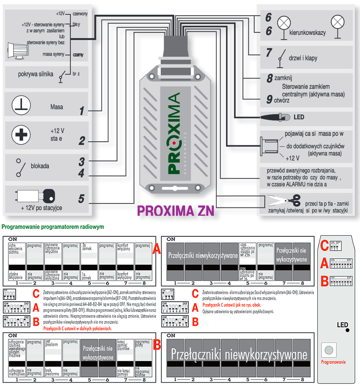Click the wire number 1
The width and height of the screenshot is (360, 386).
coord(82,111)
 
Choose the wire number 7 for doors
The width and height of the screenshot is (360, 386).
coord(269,52)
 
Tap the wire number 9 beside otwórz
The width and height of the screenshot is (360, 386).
coord(270,99)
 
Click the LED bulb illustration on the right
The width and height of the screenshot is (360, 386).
coord(276,117)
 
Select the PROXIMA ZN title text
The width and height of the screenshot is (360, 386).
coord(176,211)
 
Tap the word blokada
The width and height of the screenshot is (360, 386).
coord(40,165)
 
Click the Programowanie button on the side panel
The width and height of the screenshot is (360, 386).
coord(329,350)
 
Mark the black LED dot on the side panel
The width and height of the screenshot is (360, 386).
coord(347,330)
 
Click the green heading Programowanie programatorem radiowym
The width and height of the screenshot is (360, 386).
coord(53,227)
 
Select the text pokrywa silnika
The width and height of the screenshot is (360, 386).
coord(36,74)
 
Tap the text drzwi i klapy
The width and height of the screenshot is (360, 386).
coord(303,58)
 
